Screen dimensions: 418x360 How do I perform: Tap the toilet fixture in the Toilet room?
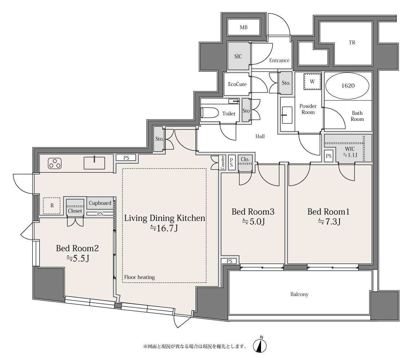point(210,113)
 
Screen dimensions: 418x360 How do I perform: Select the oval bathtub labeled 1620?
point(348,86)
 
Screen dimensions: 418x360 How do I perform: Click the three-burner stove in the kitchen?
point(55,163)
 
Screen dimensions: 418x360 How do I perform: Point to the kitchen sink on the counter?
point(94,163)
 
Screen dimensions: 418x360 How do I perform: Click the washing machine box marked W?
point(312,81)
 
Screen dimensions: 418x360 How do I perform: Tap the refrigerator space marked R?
point(52,206)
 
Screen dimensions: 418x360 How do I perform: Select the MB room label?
point(243,27)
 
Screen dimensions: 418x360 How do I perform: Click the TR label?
point(352,42)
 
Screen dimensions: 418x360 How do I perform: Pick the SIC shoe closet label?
point(238,56)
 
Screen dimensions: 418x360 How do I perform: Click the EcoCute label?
point(237,84)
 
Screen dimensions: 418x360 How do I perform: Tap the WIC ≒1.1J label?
point(350,152)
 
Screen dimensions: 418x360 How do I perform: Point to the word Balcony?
point(300,294)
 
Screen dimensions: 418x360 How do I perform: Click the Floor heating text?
point(139,277)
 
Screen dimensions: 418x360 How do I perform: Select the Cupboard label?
point(100,203)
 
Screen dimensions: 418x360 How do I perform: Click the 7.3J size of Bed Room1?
point(329,221)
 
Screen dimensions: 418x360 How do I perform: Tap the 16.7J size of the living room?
point(164,228)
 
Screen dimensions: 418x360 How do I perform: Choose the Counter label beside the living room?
point(223,163)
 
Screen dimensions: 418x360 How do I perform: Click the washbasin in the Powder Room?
point(287,115)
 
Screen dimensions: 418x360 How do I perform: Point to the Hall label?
point(260,136)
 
